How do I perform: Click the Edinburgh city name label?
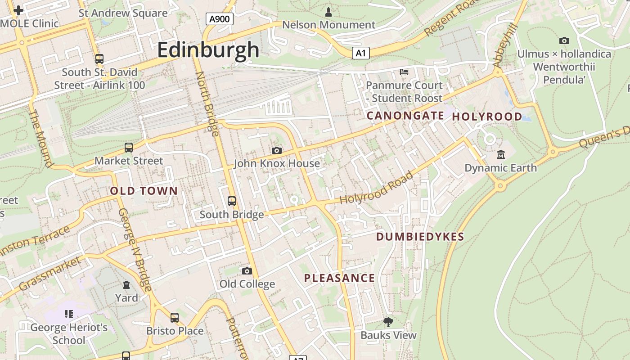click(x=208, y=49)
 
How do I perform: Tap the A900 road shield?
click(x=219, y=19)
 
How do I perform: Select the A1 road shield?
click(x=360, y=54)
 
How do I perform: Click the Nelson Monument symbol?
click(x=328, y=12)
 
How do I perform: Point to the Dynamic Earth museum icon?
click(x=500, y=155)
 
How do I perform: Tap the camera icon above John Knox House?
click(x=276, y=150)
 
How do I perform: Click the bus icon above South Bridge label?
click(x=232, y=201)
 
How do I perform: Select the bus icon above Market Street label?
click(x=129, y=148)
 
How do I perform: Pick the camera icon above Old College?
click(x=247, y=271)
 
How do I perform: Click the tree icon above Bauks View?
click(x=388, y=322)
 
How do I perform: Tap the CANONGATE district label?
click(x=405, y=116)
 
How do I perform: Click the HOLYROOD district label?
click(x=487, y=117)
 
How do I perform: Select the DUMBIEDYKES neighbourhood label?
click(x=420, y=237)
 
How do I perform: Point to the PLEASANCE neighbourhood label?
click(x=339, y=278)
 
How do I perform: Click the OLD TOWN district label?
click(x=144, y=191)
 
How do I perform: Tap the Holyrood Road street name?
click(x=376, y=188)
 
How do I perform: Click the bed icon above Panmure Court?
click(x=404, y=72)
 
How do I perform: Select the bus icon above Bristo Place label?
click(x=175, y=318)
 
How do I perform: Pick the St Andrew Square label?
click(x=123, y=13)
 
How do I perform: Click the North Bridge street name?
click(x=207, y=103)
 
